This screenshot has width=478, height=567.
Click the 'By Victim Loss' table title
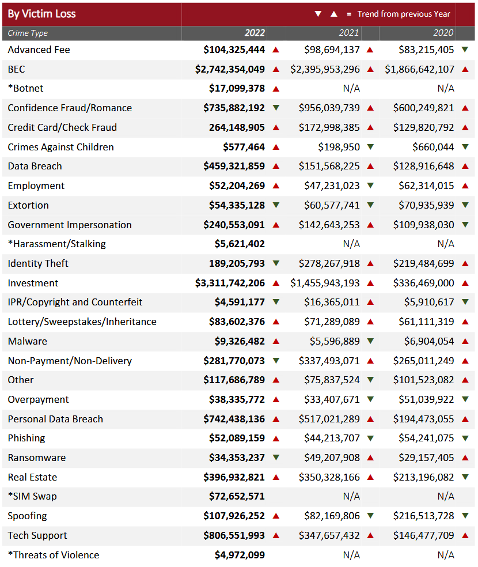point(42,14)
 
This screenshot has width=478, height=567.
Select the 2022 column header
point(255,33)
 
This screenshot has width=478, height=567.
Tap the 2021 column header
point(349,33)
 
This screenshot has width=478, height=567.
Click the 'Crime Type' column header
point(28,33)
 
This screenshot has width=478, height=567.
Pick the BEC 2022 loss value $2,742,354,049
point(230,69)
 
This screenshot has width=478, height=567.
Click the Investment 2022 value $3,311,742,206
point(230,283)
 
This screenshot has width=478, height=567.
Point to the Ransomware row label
point(37,458)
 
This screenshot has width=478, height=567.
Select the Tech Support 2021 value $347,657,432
point(329,535)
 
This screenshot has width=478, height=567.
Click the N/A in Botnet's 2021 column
point(351,88)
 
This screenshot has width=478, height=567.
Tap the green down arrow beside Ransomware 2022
point(276,458)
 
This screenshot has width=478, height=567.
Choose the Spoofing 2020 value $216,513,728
point(423,516)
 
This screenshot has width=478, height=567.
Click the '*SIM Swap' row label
point(32,496)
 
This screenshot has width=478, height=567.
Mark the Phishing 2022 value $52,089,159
point(237,438)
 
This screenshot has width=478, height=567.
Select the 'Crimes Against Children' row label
point(60,147)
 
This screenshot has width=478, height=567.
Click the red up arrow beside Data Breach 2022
point(276,166)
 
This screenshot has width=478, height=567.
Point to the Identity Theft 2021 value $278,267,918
point(329,263)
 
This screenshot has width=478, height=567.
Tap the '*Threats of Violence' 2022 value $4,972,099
point(240,555)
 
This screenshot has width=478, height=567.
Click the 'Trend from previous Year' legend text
point(404,14)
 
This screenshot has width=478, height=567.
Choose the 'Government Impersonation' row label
point(70,225)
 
